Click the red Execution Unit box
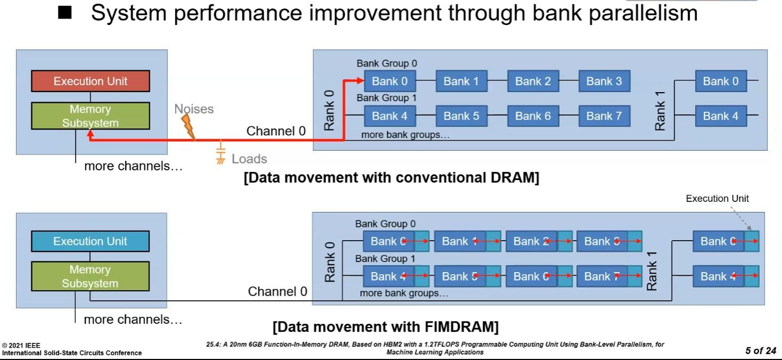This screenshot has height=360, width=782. (x=91, y=81)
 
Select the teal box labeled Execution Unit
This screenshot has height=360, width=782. (x=90, y=241)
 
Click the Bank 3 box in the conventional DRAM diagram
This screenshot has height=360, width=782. (x=604, y=81)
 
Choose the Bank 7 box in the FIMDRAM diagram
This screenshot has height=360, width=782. (x=602, y=276)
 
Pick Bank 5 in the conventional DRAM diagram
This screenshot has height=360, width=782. (x=461, y=116)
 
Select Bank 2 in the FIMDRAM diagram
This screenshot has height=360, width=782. (x=531, y=241)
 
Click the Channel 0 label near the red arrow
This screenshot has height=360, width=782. (x=276, y=131)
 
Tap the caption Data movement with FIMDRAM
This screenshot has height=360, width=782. (x=385, y=326)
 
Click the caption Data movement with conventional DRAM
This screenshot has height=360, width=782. (x=391, y=178)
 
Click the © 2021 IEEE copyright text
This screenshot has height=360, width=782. (x=21, y=346)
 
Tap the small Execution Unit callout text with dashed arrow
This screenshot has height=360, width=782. (x=717, y=199)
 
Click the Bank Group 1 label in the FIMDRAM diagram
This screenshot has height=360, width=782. (x=385, y=259)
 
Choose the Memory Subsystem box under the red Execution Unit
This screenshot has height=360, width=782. (x=91, y=116)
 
